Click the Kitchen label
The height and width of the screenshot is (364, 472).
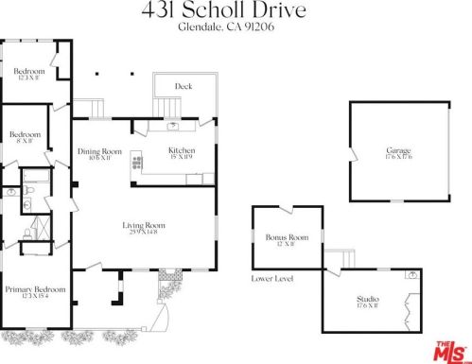click(x=181, y=150)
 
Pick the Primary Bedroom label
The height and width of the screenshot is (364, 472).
click(x=35, y=289)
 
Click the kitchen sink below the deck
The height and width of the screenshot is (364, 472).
click(x=174, y=125)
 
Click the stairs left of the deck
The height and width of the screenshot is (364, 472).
click(x=89, y=106)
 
